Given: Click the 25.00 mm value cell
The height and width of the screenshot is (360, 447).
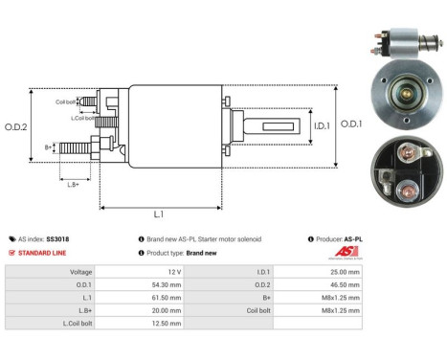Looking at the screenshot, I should (x=344, y=271).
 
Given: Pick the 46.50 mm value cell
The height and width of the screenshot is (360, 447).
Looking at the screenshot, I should (x=344, y=284).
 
